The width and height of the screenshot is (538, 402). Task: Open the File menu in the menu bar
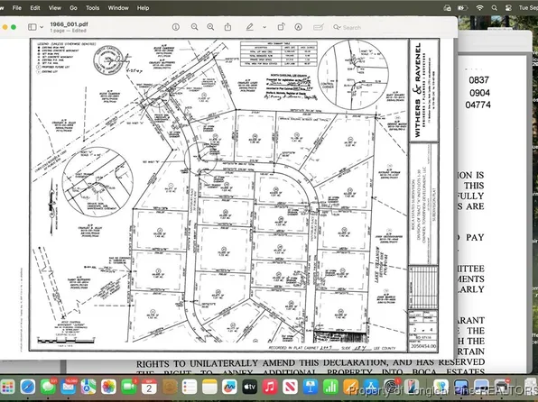pyautogui.click(x=15, y=7)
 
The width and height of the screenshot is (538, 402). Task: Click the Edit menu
pyautogui.click(x=34, y=7)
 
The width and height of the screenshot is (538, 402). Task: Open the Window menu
pyautogui.click(x=117, y=7)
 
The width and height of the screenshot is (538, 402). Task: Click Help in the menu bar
pyautogui.click(x=144, y=7)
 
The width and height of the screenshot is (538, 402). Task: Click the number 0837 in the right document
pyautogui.click(x=479, y=80)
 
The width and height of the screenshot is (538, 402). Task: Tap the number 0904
pyautogui.click(x=479, y=93)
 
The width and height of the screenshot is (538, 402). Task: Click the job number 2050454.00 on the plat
pyautogui.click(x=422, y=344)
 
